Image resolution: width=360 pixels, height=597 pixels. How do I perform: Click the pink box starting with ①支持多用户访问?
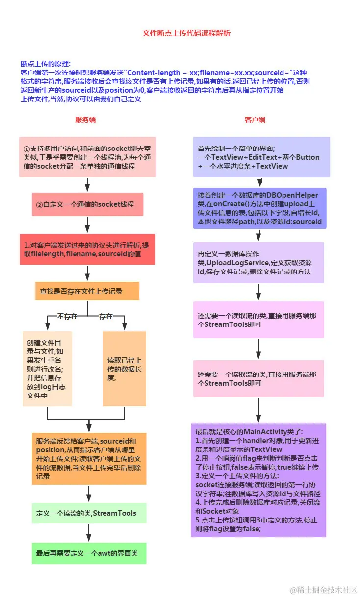87,157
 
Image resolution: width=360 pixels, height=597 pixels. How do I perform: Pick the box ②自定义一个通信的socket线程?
87,204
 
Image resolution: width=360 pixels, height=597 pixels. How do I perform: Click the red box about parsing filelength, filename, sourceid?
87,249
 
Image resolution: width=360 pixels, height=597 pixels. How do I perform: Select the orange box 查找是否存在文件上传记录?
87,291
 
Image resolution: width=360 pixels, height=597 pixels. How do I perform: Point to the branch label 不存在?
67,316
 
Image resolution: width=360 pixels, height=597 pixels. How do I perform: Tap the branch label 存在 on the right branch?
106,316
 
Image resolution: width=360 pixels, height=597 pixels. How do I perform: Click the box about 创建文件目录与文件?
48,369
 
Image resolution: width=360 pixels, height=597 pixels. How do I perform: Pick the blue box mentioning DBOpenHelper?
259,208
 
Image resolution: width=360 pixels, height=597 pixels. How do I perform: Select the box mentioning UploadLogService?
258,263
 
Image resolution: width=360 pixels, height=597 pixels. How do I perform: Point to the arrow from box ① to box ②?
87,185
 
